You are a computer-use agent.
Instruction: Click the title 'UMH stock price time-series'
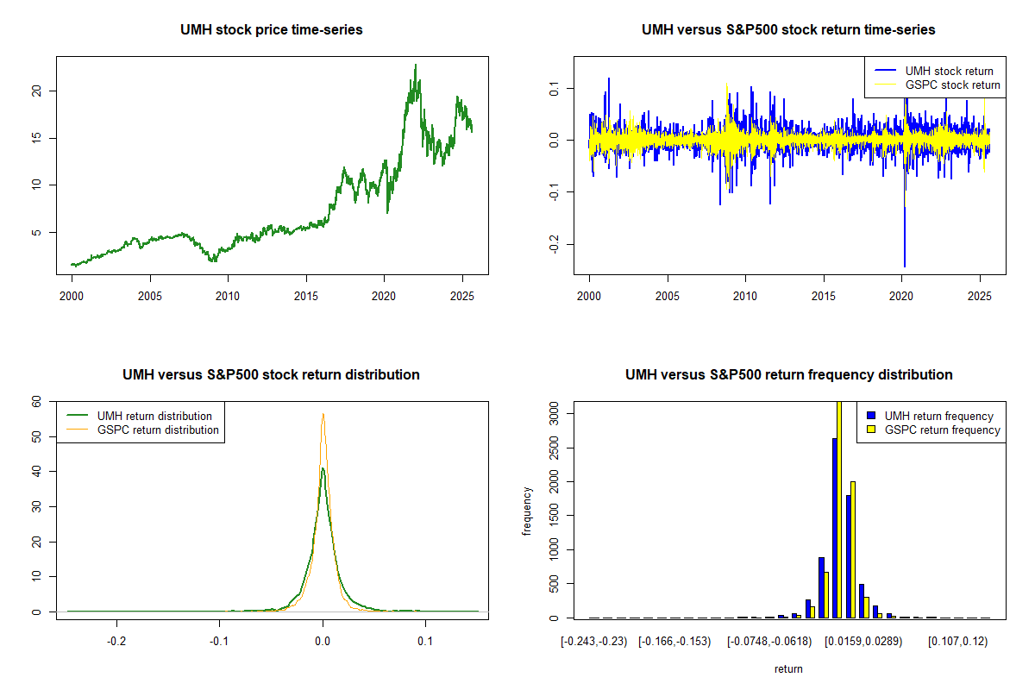[272, 30]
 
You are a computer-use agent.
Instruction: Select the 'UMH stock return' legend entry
[949, 71]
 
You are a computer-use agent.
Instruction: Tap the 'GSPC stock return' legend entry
[952, 85]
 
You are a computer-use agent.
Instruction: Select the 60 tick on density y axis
[35, 402]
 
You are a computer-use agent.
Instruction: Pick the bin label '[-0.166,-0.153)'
[674, 643]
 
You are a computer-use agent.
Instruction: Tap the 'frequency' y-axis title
[528, 511]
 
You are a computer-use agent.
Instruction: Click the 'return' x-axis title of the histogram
[788, 668]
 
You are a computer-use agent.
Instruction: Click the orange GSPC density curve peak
[323, 414]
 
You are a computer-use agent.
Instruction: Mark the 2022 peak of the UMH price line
[416, 65]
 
